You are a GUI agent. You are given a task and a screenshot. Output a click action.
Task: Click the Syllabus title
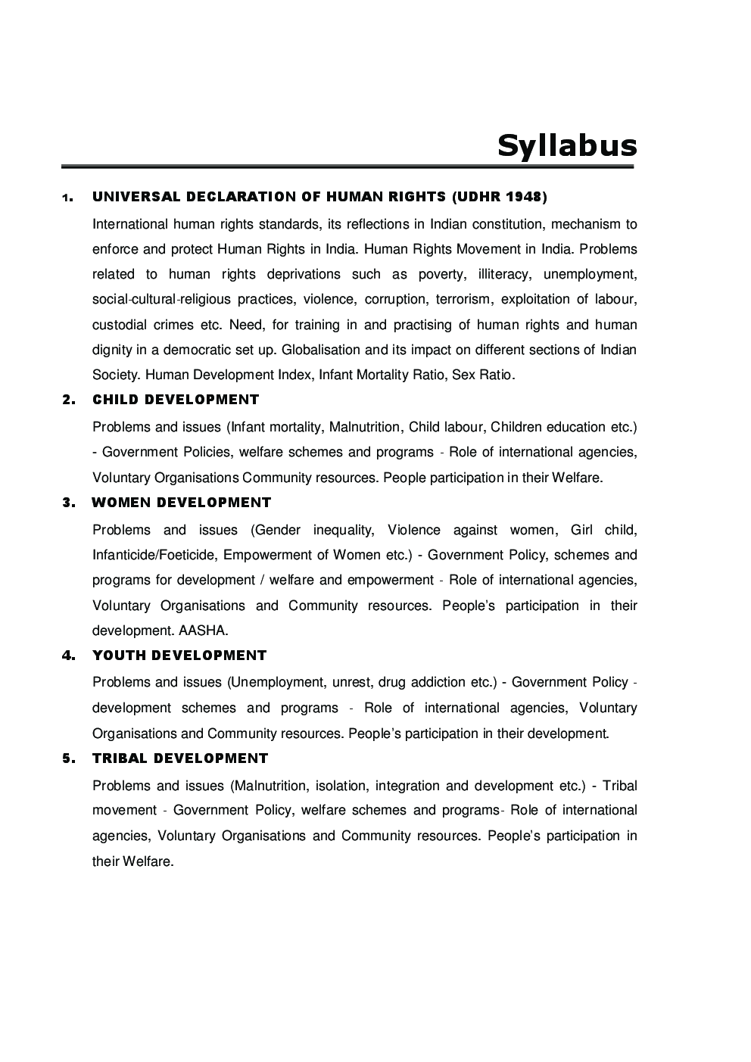pyautogui.click(x=566, y=145)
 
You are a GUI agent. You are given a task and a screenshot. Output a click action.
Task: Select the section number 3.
pyautogui.click(x=67, y=503)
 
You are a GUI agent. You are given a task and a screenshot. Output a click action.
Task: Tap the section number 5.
pyautogui.click(x=67, y=758)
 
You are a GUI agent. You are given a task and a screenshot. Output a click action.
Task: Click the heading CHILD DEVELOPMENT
pyautogui.click(x=176, y=400)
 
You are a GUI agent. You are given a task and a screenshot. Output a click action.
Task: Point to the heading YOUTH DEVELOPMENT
pyautogui.click(x=179, y=656)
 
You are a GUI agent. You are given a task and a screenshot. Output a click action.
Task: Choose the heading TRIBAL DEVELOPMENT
pyautogui.click(x=180, y=758)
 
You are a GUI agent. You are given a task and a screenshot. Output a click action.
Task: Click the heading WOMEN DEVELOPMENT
pyautogui.click(x=182, y=503)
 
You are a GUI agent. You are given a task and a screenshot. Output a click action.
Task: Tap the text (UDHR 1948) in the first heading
pyautogui.click(x=499, y=197)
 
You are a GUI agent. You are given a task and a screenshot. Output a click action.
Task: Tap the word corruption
pyautogui.click(x=392, y=300)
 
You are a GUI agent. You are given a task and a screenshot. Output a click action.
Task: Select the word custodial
pyautogui.click(x=119, y=325)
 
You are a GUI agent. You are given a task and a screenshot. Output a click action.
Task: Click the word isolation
pyautogui.click(x=340, y=786)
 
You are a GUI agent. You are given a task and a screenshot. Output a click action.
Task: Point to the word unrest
pyautogui.click(x=351, y=682)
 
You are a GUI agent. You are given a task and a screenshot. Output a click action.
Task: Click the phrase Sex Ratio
pyautogui.click(x=483, y=375)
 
